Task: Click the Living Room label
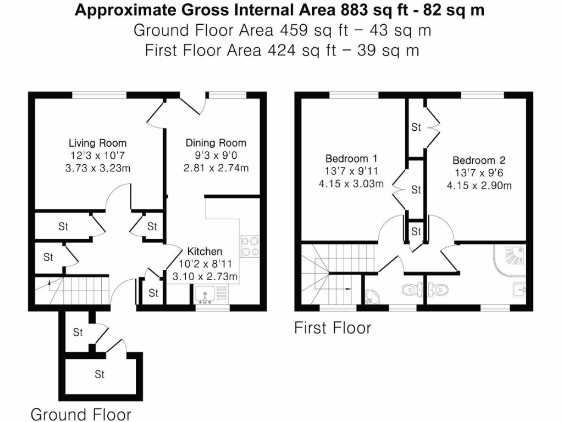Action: (x=97, y=143)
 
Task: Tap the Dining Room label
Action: (x=216, y=143)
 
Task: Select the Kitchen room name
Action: (x=205, y=252)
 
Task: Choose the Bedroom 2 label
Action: (x=478, y=160)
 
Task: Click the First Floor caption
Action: (x=333, y=328)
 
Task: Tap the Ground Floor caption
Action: (x=81, y=414)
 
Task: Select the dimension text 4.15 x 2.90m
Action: (x=479, y=186)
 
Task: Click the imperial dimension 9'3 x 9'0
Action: (x=216, y=156)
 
